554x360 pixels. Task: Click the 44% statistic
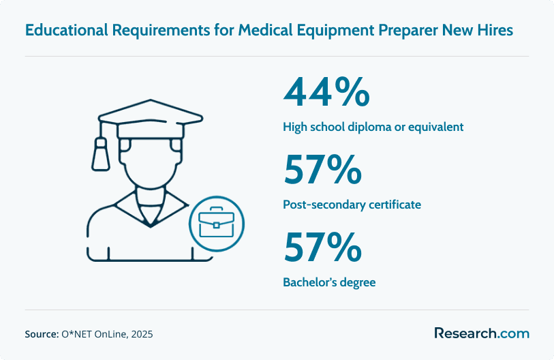tap(326, 92)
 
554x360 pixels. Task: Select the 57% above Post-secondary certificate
tap(322, 170)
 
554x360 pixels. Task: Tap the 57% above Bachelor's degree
tap(322, 247)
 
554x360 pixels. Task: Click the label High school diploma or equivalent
tap(373, 127)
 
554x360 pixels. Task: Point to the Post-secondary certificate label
tap(352, 205)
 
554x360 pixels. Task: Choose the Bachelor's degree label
tap(329, 282)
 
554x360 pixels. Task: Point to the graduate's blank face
tap(151, 163)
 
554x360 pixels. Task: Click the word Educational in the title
tap(66, 30)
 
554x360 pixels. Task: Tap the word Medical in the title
tap(265, 30)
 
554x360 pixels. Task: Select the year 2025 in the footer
tap(142, 334)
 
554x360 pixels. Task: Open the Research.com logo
tap(482, 333)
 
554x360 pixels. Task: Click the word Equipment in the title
tap(335, 31)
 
